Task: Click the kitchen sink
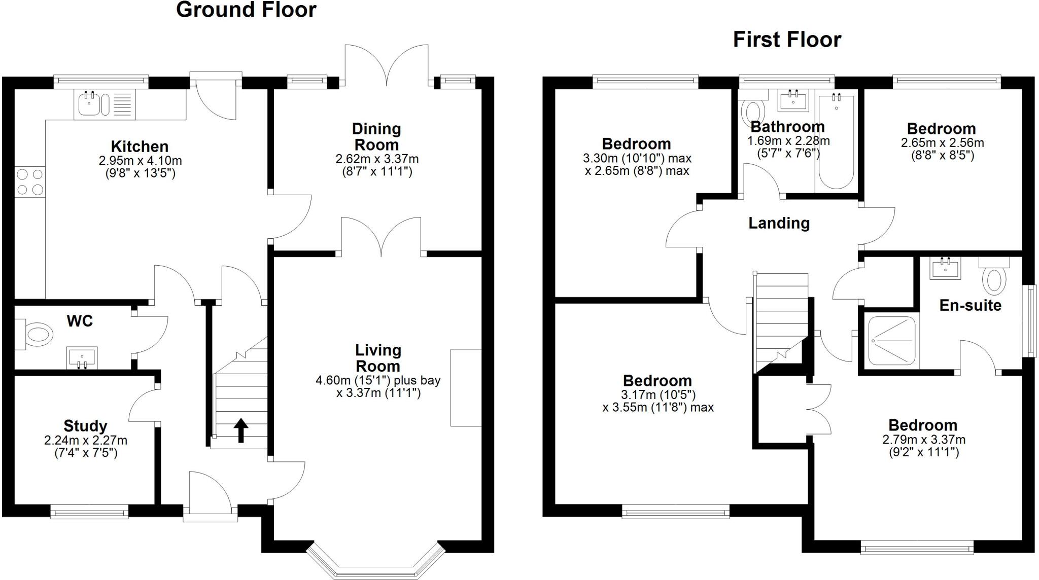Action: tap(90, 103)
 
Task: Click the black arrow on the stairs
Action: tap(241, 430)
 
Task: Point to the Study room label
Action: tap(85, 426)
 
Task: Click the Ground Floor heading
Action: tap(246, 10)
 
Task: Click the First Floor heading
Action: tap(787, 40)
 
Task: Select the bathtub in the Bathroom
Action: tap(836, 142)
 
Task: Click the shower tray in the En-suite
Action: tap(893, 341)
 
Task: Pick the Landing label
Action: tap(779, 223)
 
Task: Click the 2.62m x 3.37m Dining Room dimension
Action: tap(377, 159)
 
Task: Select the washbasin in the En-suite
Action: tap(945, 268)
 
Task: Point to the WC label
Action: tap(80, 321)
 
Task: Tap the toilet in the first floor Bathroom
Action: tap(753, 111)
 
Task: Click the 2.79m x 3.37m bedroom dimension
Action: tap(923, 440)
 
